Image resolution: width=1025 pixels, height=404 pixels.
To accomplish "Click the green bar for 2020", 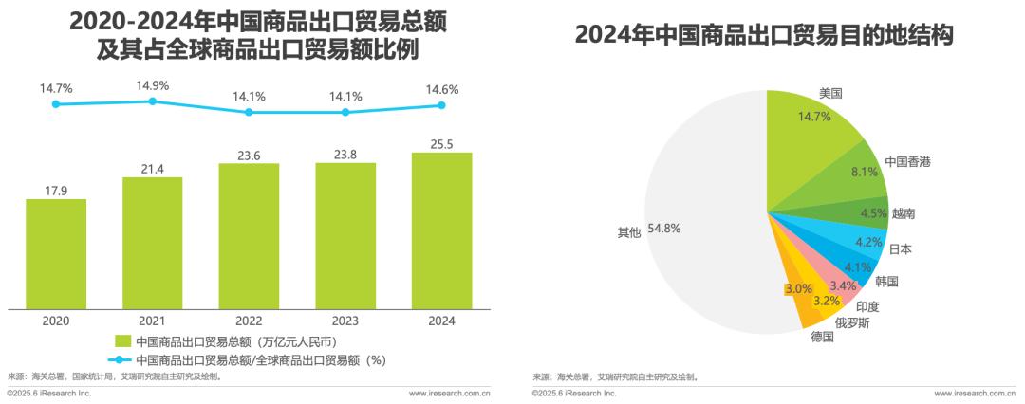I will click(x=56, y=253).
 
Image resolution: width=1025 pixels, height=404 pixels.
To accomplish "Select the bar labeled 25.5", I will click(x=441, y=230).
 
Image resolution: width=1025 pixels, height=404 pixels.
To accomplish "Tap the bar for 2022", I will click(x=249, y=236).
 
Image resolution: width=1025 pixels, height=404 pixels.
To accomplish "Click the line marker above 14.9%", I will click(x=152, y=102).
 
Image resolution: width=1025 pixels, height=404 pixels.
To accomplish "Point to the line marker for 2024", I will click(x=441, y=105).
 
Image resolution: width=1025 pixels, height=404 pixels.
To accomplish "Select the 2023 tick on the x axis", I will click(x=345, y=321).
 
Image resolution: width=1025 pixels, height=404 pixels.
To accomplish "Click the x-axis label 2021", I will click(x=152, y=321).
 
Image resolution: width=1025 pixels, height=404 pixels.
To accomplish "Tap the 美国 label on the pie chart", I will click(x=830, y=93).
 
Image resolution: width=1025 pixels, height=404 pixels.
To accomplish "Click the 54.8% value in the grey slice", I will click(x=664, y=229).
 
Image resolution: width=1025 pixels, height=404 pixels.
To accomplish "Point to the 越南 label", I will click(x=904, y=214).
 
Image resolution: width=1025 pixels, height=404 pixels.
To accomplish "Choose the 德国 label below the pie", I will click(x=822, y=337).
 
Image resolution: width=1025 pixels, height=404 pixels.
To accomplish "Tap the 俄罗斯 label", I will click(x=851, y=322).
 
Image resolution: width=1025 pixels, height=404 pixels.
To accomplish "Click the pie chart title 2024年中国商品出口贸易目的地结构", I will click(x=763, y=36).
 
